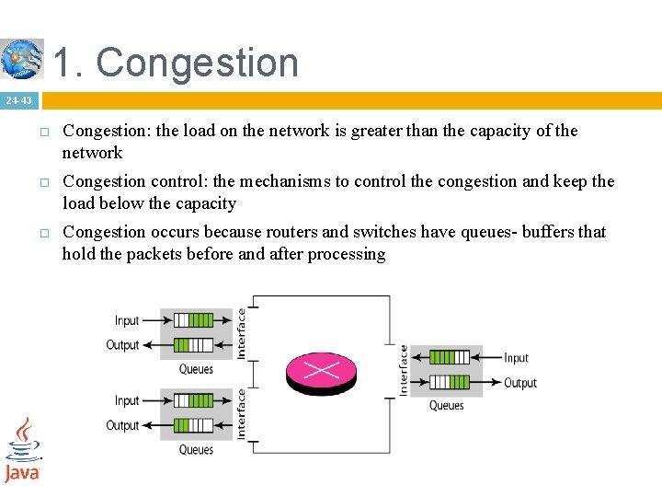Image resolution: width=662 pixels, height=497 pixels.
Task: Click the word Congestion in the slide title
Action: click(198, 63)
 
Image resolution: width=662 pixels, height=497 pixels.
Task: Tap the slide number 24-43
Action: click(18, 100)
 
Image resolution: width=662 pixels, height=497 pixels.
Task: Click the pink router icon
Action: click(320, 370)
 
